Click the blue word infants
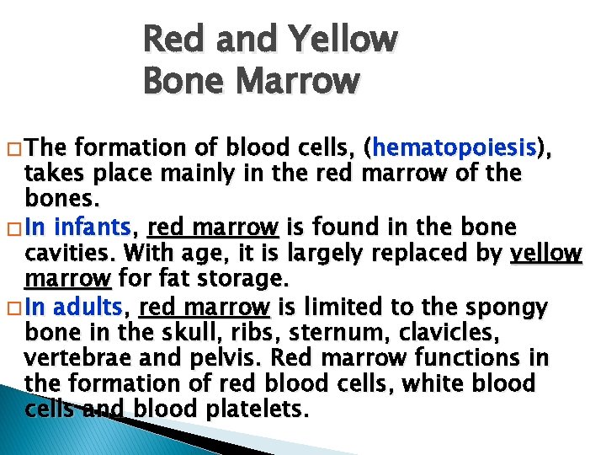pos(98,227)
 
